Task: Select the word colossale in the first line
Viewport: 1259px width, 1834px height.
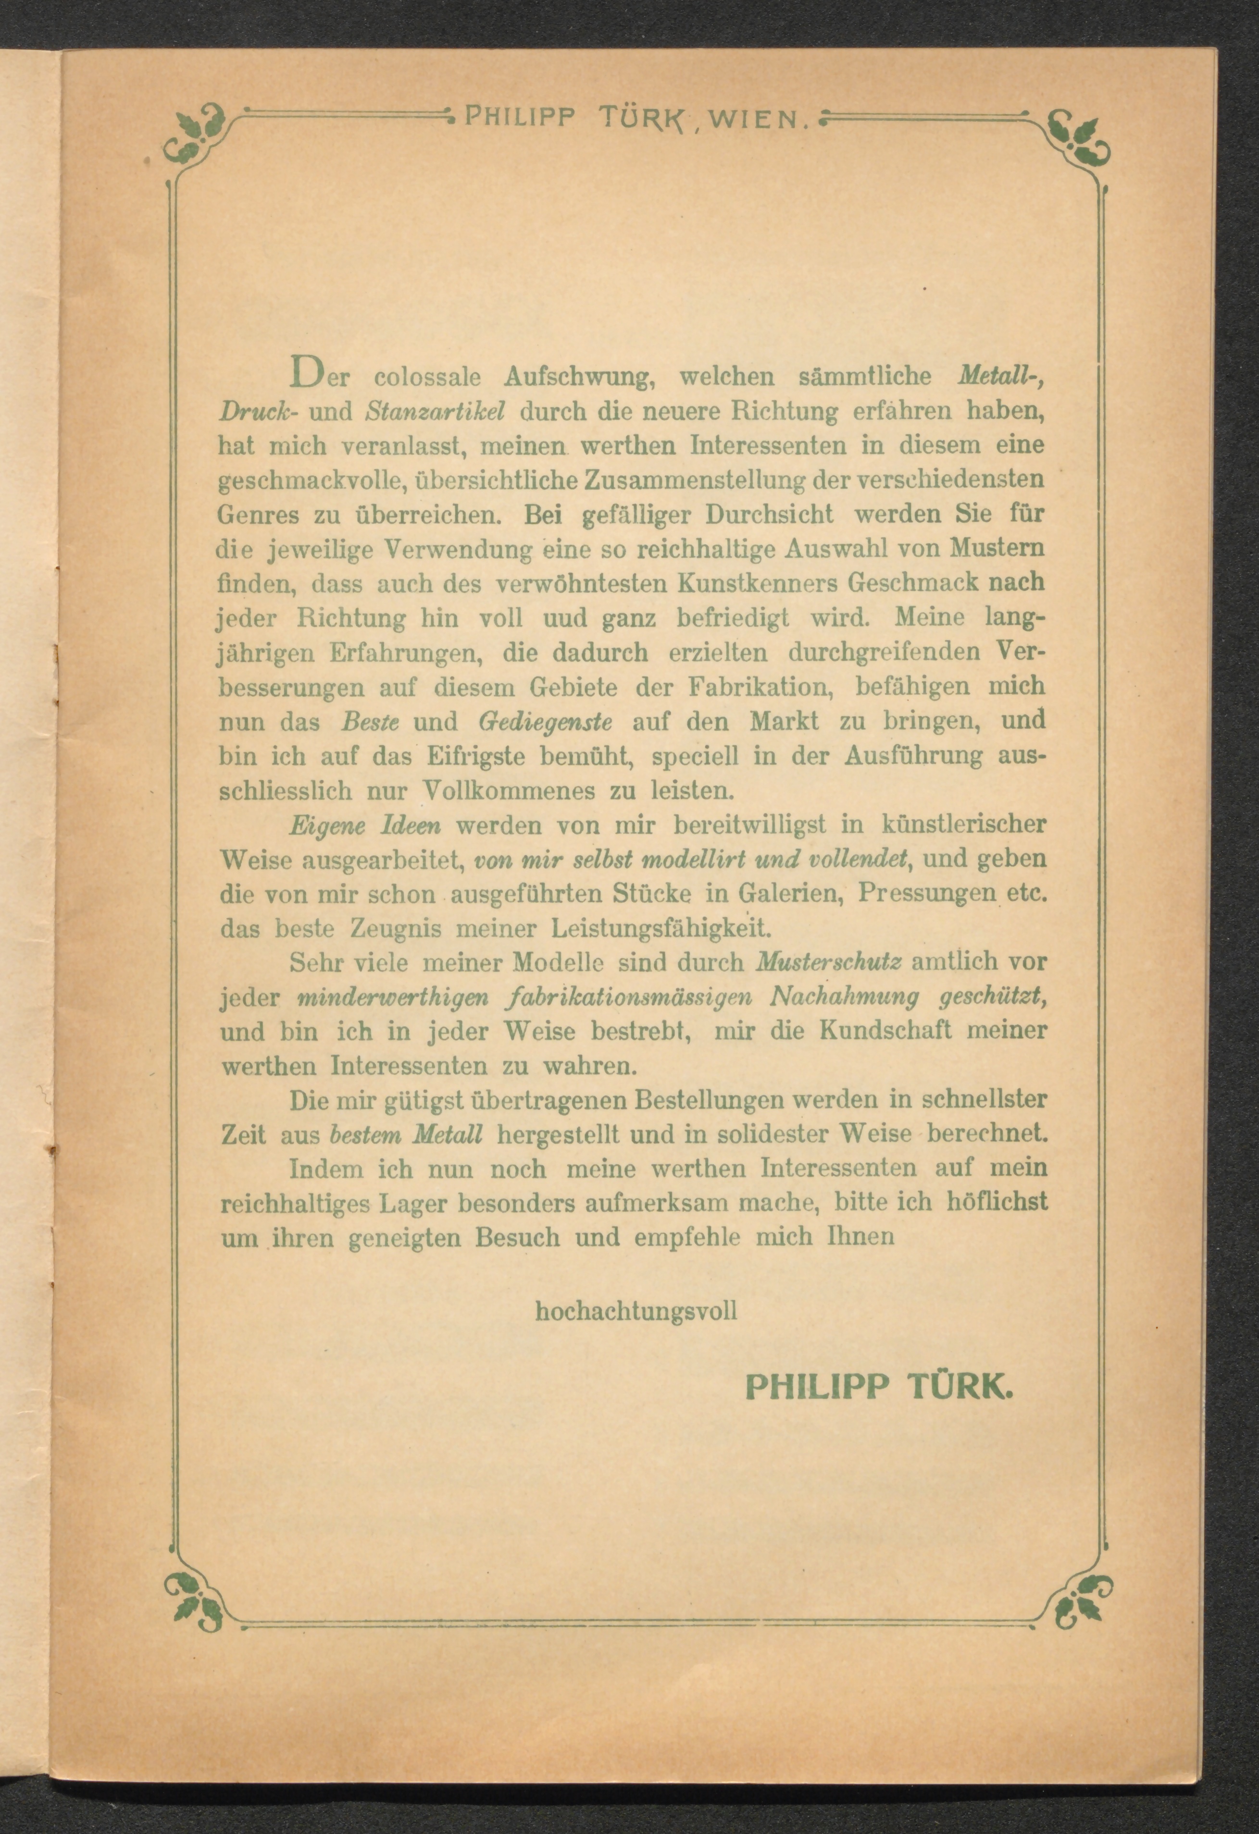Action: click(427, 377)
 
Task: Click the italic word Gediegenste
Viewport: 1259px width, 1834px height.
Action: click(546, 721)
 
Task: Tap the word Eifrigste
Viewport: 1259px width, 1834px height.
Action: click(477, 756)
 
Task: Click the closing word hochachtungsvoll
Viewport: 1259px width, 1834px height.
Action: click(636, 1312)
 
